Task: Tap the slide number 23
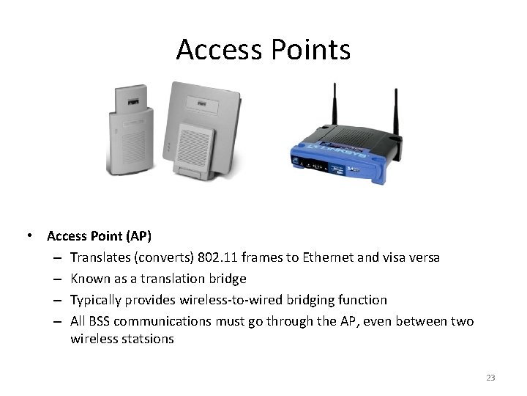[490, 378]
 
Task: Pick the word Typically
[97, 300]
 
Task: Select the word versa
[425, 257]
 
